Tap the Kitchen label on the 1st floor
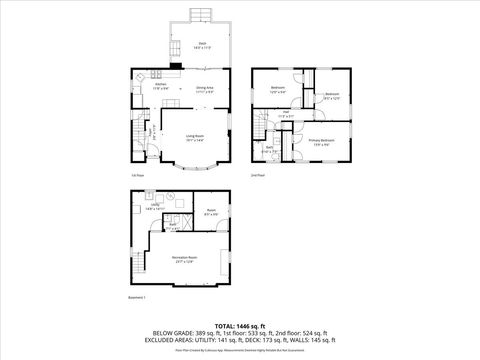(x=146, y=87)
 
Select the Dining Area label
(x=204, y=89)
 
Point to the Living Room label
(x=195, y=138)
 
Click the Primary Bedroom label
(x=321, y=142)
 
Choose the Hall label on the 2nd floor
(x=285, y=114)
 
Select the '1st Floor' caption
(x=135, y=176)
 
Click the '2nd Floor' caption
(x=257, y=175)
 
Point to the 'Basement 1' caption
(x=137, y=297)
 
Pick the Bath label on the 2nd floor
(x=271, y=149)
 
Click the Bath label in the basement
(x=172, y=225)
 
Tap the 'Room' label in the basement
(x=211, y=212)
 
